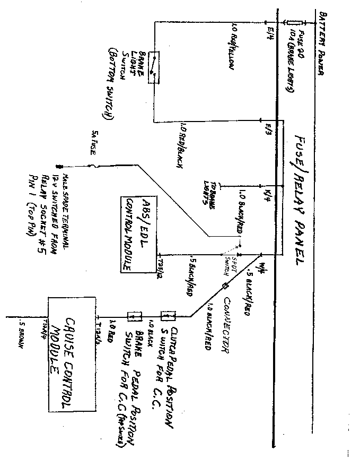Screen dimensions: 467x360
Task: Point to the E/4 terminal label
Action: (271, 33)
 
